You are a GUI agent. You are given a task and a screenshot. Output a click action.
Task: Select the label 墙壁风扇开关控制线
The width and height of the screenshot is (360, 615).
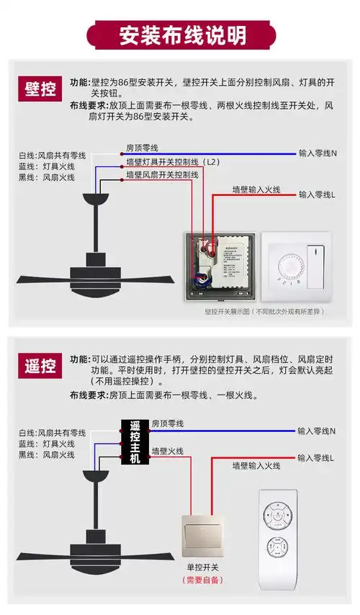162,175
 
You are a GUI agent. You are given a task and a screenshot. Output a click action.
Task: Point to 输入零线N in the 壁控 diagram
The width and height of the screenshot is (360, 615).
318,153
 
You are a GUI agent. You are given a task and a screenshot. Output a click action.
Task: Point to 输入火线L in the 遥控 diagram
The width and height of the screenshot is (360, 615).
318,459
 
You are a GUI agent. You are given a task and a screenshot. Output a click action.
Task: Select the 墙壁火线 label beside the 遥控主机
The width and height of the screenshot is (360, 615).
167,452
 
